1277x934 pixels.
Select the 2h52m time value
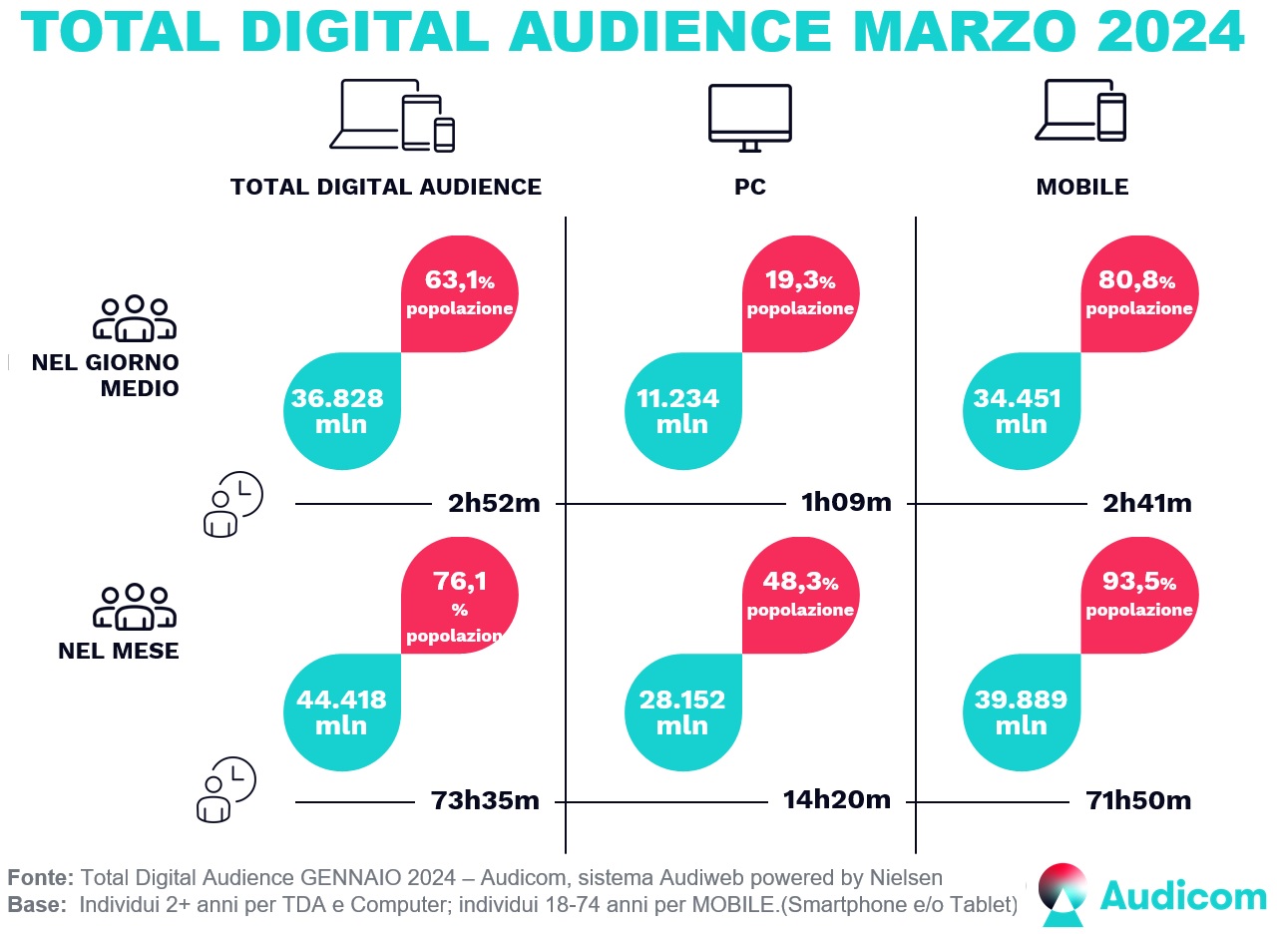pos(494,503)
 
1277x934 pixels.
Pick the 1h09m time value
pos(846,503)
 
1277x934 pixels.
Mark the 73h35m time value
pos(486,800)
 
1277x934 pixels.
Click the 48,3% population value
pos(800,593)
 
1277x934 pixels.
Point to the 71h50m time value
pos(1137,800)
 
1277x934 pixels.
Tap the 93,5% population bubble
pos(1139,593)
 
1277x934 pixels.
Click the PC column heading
pos(749,187)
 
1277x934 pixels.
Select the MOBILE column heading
pos(1082,187)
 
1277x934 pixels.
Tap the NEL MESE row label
pos(118,652)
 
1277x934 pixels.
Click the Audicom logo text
pos(1183,895)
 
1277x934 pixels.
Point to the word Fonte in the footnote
pos(40,877)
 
